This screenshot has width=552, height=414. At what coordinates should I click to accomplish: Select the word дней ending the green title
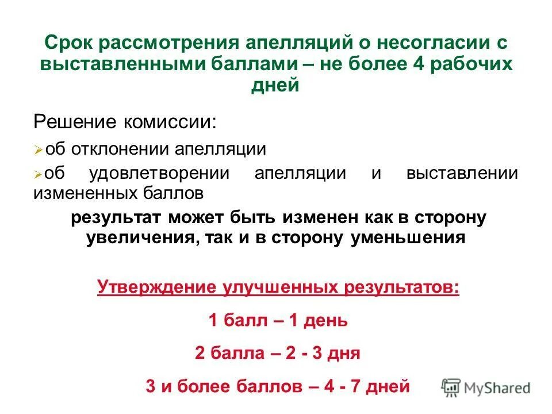click(275, 86)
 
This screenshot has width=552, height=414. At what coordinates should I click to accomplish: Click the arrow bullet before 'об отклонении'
click(38, 150)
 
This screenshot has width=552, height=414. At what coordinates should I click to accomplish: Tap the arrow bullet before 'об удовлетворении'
click(38, 173)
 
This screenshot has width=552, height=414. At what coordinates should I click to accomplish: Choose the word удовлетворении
click(159, 173)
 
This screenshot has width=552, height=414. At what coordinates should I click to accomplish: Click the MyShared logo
click(486, 387)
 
